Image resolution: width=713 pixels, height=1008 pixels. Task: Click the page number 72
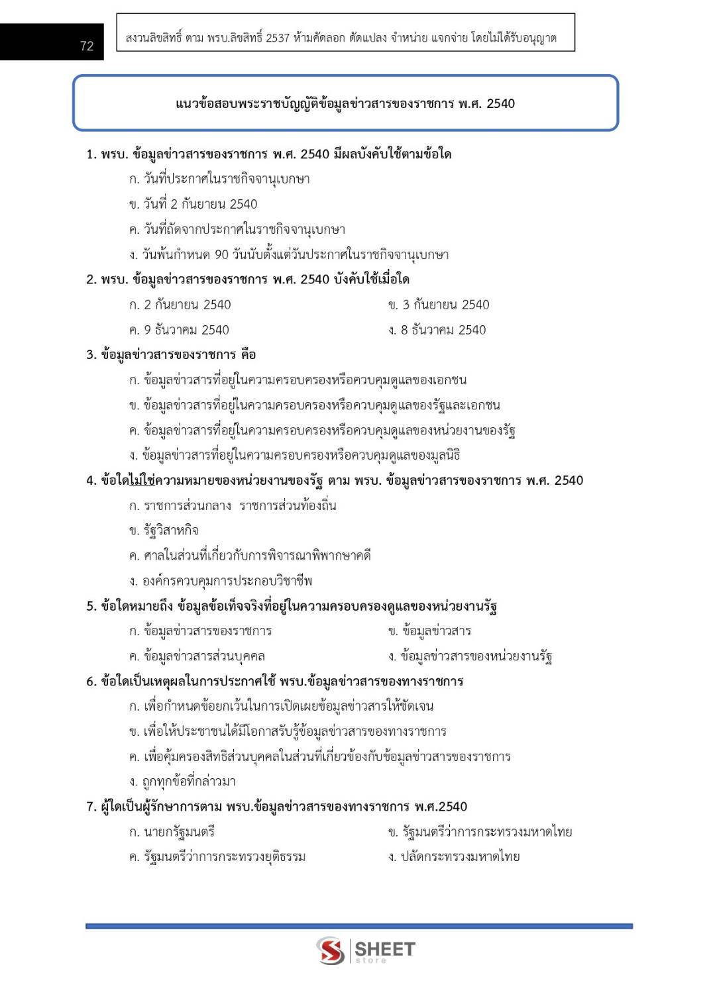(87, 46)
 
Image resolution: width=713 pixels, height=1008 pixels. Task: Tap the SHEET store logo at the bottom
(365, 950)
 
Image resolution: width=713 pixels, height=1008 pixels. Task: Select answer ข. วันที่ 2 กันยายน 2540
(193, 204)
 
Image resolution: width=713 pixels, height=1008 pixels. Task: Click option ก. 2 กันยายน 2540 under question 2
(180, 305)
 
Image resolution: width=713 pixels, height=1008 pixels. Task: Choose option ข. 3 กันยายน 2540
(439, 305)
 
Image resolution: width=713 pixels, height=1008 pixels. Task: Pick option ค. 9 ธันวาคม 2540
(179, 330)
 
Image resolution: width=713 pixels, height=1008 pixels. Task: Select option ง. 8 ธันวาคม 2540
(437, 330)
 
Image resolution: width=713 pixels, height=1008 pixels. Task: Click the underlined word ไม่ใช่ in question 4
(142, 480)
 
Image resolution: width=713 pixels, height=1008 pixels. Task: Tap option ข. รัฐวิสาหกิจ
(164, 530)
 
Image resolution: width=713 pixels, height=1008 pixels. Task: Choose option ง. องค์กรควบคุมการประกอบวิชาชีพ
(221, 581)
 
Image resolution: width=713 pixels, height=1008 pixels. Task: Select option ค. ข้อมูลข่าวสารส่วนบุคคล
(197, 656)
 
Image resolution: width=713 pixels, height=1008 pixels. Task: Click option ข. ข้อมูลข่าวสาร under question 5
(429, 631)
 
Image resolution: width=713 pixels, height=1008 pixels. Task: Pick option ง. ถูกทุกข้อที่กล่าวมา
(182, 781)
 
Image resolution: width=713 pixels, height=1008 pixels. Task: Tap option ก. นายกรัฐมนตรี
(172, 832)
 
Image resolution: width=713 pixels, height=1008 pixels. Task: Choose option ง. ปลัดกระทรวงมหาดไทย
(454, 857)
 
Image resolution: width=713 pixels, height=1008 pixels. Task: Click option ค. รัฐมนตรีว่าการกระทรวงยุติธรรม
(217, 857)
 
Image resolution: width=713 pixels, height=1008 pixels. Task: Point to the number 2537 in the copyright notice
(278, 38)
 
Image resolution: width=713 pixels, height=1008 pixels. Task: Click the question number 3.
(91, 355)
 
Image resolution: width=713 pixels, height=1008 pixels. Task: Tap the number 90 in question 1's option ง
(221, 255)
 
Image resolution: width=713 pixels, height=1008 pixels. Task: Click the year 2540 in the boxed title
(500, 103)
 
